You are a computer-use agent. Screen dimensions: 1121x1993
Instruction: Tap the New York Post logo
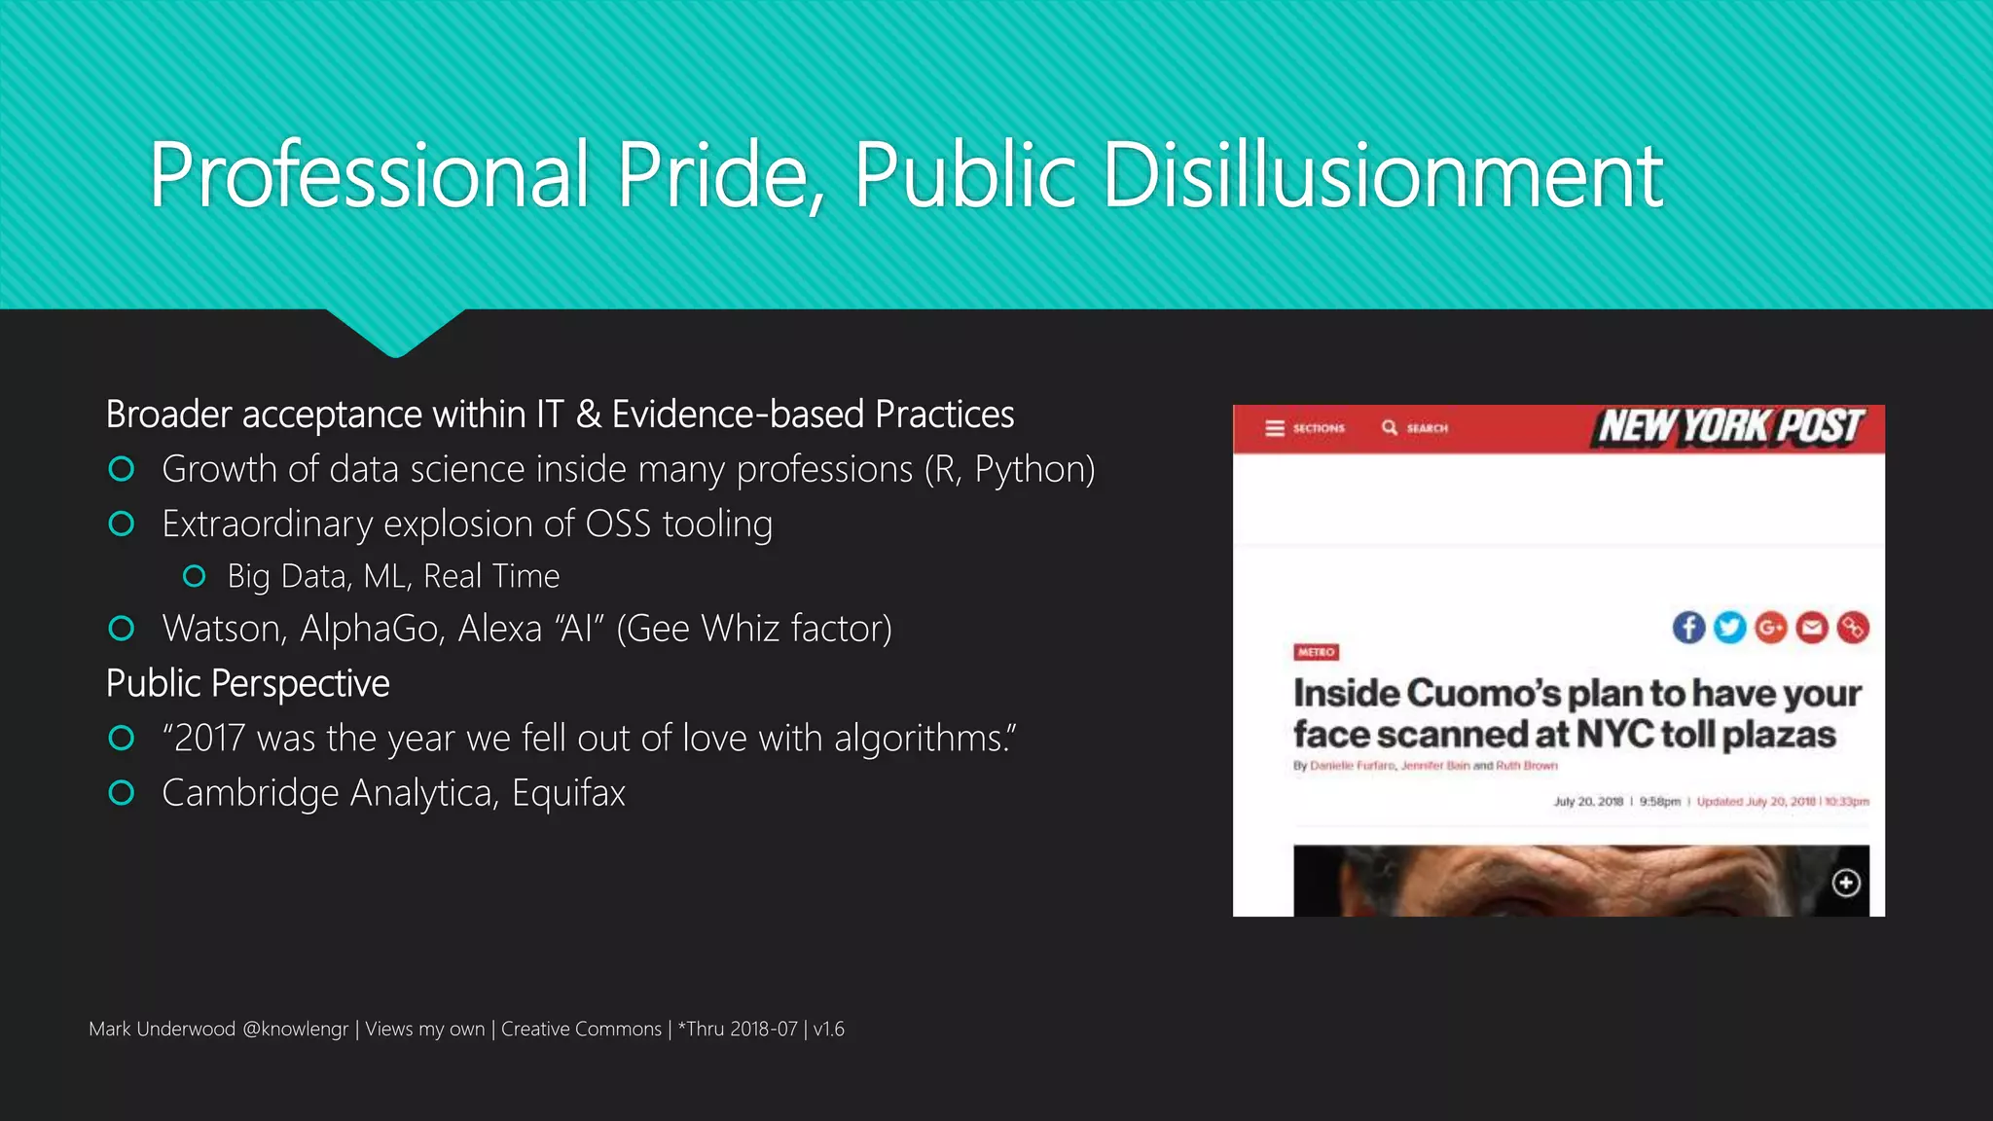click(x=1731, y=427)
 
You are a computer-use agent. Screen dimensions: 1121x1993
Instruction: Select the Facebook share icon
click(x=1688, y=628)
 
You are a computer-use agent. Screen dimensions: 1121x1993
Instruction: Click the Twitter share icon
click(x=1729, y=628)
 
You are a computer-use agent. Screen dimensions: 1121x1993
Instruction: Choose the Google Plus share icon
click(x=1770, y=628)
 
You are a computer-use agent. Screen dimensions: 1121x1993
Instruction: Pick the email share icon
click(x=1811, y=628)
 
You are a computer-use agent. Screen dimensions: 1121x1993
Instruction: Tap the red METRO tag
click(x=1316, y=652)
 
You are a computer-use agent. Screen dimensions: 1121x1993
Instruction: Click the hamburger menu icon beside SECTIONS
click(x=1274, y=428)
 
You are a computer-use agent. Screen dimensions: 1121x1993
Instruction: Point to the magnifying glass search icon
click(x=1390, y=428)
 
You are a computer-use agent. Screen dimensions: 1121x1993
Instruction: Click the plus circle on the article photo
click(x=1846, y=883)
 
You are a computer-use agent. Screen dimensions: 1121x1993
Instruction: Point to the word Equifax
click(x=568, y=793)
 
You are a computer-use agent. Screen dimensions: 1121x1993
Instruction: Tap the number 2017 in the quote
click(x=209, y=739)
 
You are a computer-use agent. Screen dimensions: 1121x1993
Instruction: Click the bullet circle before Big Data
click(x=194, y=576)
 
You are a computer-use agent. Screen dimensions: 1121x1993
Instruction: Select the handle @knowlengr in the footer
click(x=295, y=1030)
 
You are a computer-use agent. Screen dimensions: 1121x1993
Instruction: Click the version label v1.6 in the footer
click(x=829, y=1030)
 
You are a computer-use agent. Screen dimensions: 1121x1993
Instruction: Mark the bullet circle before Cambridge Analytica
click(x=122, y=793)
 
